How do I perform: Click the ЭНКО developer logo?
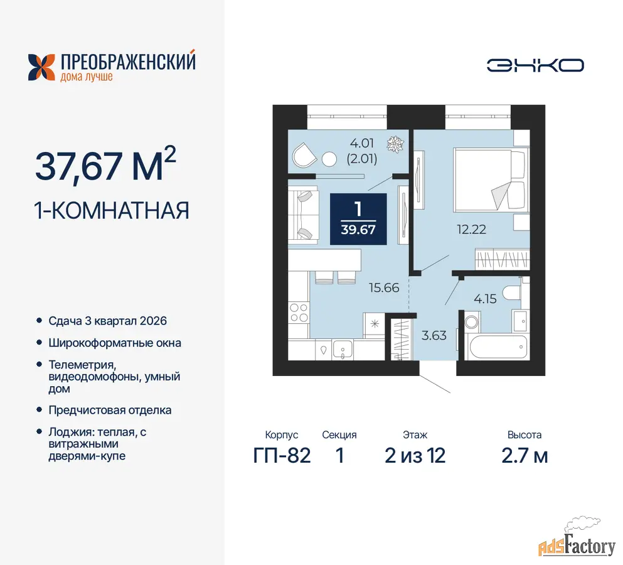535,66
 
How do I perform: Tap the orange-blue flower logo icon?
41,67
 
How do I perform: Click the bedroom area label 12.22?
472,229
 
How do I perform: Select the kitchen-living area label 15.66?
384,288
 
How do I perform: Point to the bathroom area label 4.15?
485,299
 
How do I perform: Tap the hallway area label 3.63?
434,336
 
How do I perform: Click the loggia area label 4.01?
361,143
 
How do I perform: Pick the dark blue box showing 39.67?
358,218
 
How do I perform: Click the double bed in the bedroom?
491,179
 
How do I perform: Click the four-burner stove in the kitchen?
299,313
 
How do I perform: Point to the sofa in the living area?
303,215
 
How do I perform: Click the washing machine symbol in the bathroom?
472,322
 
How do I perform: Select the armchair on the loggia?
304,155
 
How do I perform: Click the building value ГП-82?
282,456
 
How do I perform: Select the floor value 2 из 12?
415,456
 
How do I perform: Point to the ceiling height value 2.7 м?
524,456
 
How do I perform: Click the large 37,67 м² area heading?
105,164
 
